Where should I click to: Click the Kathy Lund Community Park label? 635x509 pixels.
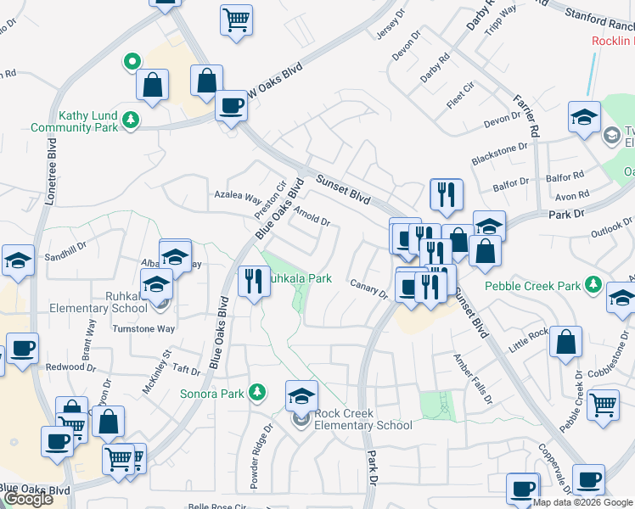(x=72, y=122)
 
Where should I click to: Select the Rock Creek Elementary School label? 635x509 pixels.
(x=363, y=419)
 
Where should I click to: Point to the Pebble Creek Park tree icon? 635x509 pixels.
(x=594, y=286)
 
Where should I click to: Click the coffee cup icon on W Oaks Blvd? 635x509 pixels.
(x=231, y=106)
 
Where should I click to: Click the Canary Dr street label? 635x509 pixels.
(x=369, y=290)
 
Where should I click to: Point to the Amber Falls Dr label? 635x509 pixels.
(x=472, y=378)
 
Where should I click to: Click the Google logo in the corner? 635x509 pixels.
(x=27, y=499)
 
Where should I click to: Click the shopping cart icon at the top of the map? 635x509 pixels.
(x=236, y=19)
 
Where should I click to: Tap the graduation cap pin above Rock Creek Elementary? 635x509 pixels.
(x=301, y=395)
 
